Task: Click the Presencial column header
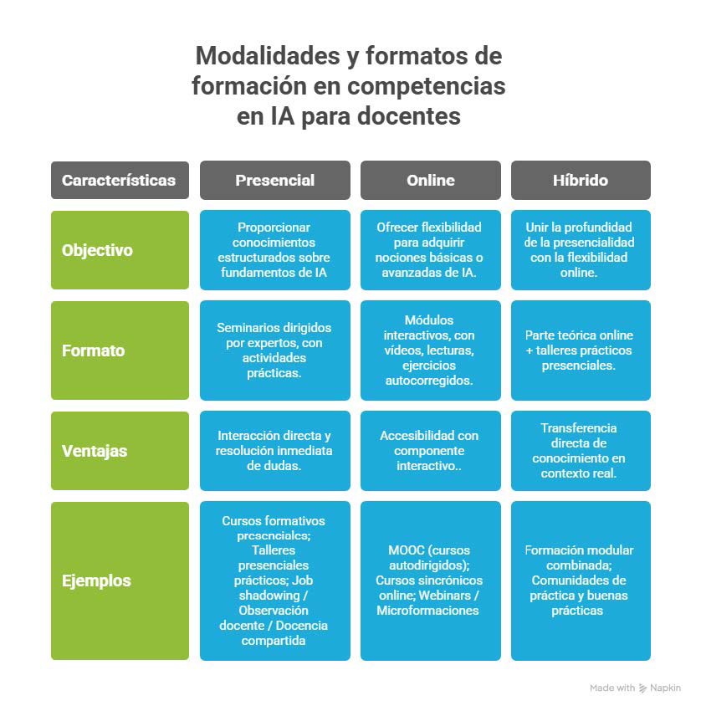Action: [274, 180]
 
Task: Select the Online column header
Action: [430, 180]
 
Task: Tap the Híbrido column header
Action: [580, 180]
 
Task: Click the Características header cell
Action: [119, 180]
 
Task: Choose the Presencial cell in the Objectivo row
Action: [274, 250]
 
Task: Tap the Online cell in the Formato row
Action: [430, 350]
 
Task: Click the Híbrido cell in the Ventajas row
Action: [580, 451]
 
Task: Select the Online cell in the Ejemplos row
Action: [430, 581]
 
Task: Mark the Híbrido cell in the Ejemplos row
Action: [580, 581]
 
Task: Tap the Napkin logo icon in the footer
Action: [642, 688]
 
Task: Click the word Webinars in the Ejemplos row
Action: [449, 596]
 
